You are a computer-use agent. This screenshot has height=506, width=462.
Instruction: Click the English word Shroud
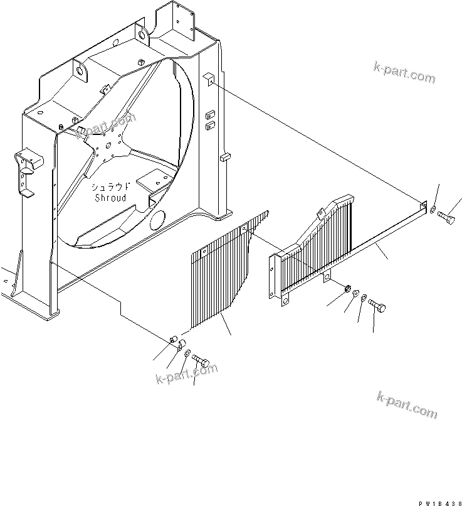click(x=110, y=198)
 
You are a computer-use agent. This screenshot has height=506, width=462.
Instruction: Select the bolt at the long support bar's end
click(x=448, y=217)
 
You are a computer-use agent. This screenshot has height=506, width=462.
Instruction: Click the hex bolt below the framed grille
click(x=377, y=306)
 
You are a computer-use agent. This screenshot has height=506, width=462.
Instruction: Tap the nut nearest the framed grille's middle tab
click(x=346, y=289)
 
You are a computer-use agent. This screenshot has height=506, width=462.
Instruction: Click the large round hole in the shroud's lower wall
click(x=157, y=220)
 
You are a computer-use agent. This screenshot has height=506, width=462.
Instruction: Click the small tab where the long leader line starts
click(x=209, y=77)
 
